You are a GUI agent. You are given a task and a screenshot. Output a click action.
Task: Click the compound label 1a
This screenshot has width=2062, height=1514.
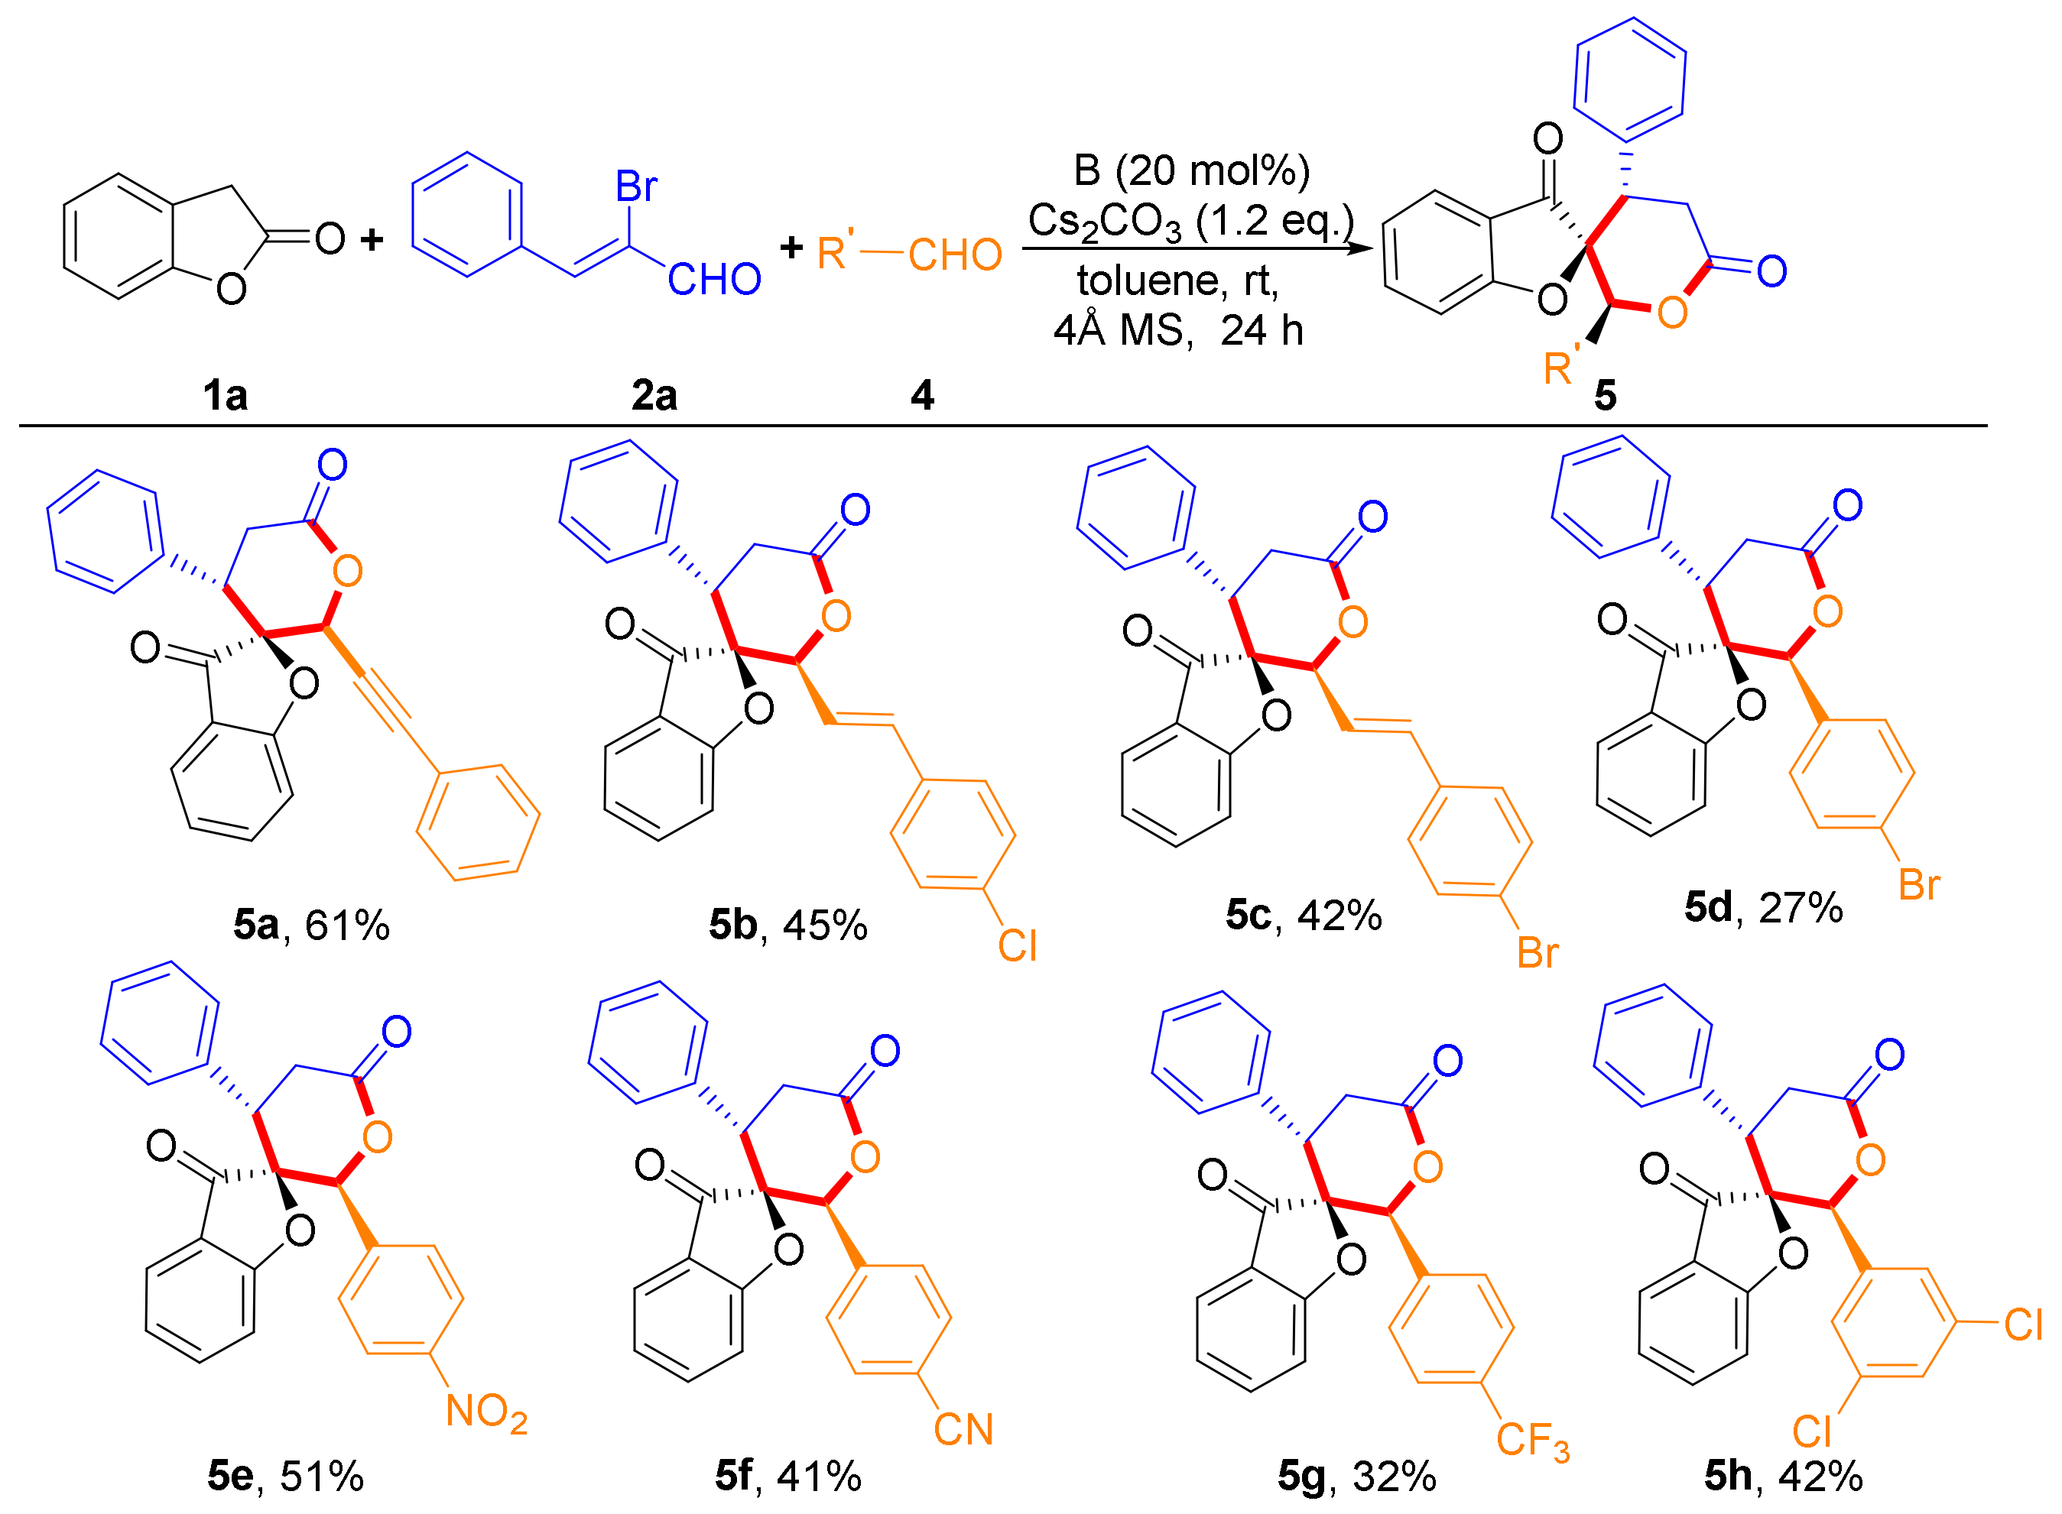point(226,396)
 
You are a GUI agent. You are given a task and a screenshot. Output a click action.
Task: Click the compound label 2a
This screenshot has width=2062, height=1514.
point(654,396)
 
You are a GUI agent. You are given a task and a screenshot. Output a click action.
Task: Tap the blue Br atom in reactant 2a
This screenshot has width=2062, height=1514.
point(636,187)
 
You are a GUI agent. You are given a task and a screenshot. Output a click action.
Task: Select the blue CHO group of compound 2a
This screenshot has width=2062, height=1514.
point(714,280)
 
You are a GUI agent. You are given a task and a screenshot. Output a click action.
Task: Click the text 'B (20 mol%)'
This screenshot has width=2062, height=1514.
point(1191,170)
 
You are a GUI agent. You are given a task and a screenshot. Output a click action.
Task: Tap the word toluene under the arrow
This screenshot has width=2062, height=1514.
point(1151,280)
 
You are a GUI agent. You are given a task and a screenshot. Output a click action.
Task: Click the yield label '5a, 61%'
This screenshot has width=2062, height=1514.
point(312,926)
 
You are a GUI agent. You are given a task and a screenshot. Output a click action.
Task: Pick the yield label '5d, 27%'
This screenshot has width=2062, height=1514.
point(1763,907)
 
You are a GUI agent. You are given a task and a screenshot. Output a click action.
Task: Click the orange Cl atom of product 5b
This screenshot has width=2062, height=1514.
point(1018,946)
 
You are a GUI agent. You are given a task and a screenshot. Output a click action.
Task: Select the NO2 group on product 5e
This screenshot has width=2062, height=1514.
point(486,1412)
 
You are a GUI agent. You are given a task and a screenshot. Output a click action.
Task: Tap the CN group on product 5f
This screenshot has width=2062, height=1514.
point(963,1430)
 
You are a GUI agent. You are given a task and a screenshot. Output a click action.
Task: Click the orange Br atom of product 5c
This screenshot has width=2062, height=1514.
point(1538,953)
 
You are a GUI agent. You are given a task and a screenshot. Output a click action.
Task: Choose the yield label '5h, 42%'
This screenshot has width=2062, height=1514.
point(1783,1477)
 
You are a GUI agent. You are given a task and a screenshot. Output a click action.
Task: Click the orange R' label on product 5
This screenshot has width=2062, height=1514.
point(1561,367)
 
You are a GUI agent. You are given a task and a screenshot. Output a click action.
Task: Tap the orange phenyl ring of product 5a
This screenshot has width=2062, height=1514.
point(478,823)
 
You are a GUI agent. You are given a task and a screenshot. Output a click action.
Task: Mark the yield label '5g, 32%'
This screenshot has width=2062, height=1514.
point(1357,1477)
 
